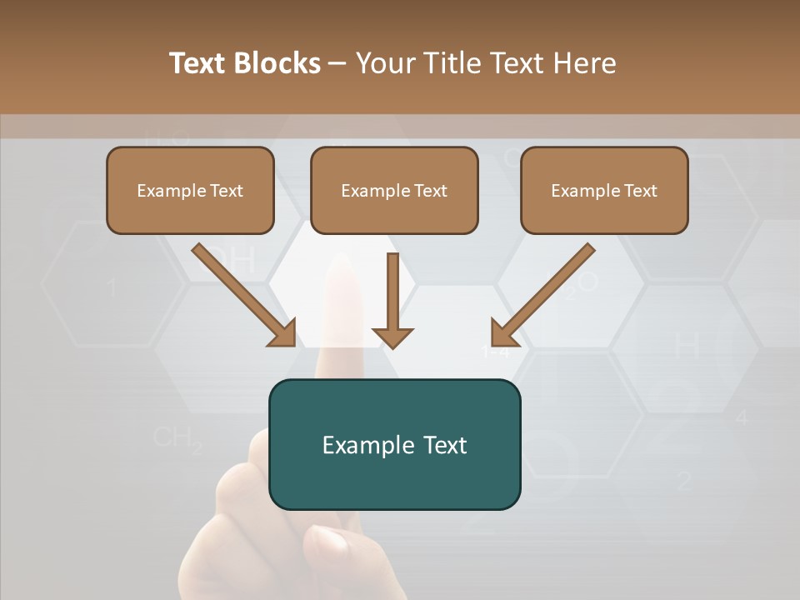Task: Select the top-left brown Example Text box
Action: tap(190, 191)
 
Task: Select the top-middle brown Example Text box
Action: tap(394, 191)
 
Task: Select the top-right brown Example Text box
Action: tap(604, 191)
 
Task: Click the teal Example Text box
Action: tap(394, 444)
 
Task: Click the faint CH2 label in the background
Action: tap(177, 438)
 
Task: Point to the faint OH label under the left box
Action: tap(229, 261)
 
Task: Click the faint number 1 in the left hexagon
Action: tap(112, 288)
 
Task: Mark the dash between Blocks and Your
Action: tap(337, 63)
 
